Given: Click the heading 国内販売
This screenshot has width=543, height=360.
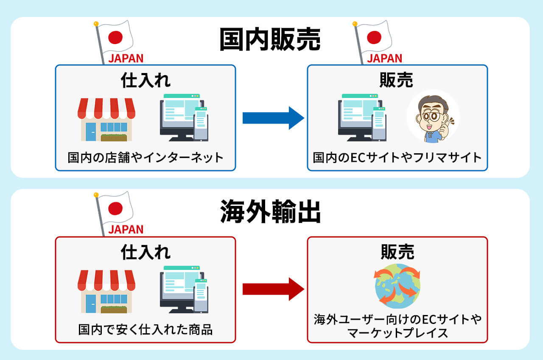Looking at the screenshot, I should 270,40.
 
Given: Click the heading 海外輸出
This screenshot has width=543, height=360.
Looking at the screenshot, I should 270,212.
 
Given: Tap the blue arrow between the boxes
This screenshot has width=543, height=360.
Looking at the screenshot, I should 273,118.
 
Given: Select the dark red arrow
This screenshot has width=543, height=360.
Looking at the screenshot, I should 273,289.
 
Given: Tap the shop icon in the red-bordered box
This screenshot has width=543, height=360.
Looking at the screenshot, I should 106,291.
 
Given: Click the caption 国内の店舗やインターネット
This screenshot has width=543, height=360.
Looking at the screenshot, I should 146,158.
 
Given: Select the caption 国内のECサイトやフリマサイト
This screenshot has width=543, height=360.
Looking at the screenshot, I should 397,158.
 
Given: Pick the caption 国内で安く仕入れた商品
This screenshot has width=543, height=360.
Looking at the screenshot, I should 146,329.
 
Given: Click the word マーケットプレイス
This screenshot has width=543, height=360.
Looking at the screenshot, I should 397,333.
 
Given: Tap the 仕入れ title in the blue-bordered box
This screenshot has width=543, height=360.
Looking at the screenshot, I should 146,81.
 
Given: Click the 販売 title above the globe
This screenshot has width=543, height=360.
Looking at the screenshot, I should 397,252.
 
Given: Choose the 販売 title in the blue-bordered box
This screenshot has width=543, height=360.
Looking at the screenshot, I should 397,81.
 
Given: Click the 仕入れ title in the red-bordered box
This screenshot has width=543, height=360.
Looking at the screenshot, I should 146,252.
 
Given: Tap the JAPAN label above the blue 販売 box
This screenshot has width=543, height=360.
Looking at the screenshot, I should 384,58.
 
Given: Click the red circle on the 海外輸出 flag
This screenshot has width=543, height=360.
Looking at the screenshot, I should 115,208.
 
